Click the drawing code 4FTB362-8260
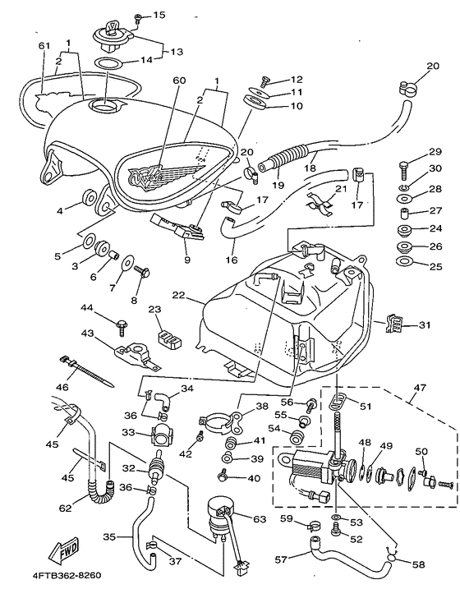[67, 576]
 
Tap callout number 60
[180, 81]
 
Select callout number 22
[178, 295]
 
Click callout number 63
[260, 519]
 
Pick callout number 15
[159, 15]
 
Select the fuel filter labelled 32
[156, 467]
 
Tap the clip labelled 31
[394, 324]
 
